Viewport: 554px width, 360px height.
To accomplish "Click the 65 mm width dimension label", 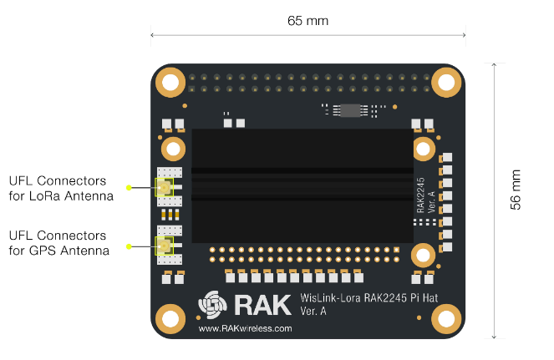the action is pyautogui.click(x=307, y=21).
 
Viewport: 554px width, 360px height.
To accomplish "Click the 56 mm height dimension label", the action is pyautogui.click(x=516, y=190).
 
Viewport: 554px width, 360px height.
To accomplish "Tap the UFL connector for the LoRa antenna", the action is pyautogui.click(x=165, y=187).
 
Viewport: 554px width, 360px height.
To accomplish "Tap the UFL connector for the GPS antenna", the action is pyautogui.click(x=165, y=246).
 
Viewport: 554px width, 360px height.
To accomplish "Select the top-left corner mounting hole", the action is pyautogui.click(x=170, y=83).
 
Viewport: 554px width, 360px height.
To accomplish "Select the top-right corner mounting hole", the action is pyautogui.click(x=446, y=83).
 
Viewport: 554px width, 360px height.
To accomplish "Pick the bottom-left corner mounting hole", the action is pyautogui.click(x=170, y=319).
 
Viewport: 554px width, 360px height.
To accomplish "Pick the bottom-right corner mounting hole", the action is pyautogui.click(x=446, y=319).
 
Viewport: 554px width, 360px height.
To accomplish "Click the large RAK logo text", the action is pyautogui.click(x=262, y=305).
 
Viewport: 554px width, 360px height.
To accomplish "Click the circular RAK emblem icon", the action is pyautogui.click(x=212, y=305).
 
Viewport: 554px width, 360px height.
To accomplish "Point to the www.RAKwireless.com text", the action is pyautogui.click(x=245, y=328).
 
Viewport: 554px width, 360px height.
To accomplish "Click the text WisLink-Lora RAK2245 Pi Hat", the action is pyautogui.click(x=368, y=298).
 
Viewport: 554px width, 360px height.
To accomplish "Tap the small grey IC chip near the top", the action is pyautogui.click(x=350, y=110).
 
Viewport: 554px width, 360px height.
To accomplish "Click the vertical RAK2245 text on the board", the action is pyautogui.click(x=420, y=195).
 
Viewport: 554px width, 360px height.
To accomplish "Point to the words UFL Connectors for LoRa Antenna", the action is pyautogui.click(x=61, y=188).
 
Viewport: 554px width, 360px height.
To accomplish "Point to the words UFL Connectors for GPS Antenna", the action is pyautogui.click(x=59, y=243).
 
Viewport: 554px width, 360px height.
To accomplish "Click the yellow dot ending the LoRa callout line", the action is pyautogui.click(x=129, y=188).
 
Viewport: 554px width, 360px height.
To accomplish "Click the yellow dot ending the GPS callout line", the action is pyautogui.click(x=129, y=246).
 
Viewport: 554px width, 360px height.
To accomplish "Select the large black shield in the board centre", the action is pyautogui.click(x=302, y=185).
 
